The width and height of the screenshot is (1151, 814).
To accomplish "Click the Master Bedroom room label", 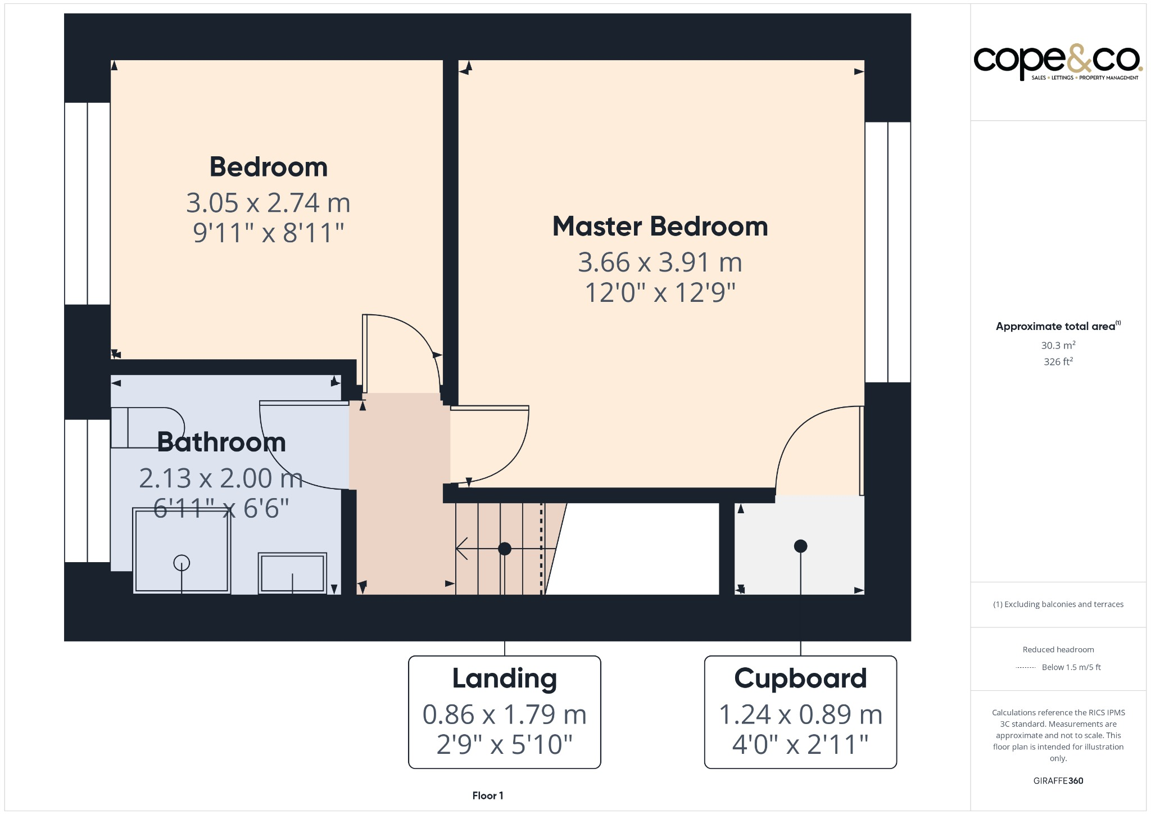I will (x=660, y=227).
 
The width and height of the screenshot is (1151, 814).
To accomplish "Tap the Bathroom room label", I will (x=221, y=442).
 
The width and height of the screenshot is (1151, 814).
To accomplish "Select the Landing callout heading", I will (x=504, y=679).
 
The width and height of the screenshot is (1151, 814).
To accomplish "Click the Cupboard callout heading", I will (x=800, y=679).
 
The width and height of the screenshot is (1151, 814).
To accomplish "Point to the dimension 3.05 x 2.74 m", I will (x=268, y=203).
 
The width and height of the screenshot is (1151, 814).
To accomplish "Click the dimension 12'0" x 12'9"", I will (x=660, y=293).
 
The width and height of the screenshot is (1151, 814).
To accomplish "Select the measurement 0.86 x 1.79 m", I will (x=504, y=715).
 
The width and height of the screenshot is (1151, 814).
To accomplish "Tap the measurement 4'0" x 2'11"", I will (x=800, y=745).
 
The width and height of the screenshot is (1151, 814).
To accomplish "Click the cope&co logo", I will (x=1057, y=62).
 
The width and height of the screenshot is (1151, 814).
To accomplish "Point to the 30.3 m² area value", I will (x=1058, y=346).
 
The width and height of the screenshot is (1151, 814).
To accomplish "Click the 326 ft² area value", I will (x=1058, y=362).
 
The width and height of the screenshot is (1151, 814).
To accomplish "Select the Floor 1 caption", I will (x=488, y=795).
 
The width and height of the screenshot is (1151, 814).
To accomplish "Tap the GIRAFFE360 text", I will (x=1058, y=781).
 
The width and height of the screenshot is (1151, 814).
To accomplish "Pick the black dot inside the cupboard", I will (x=800, y=546).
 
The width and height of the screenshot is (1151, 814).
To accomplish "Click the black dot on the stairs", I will (x=505, y=549).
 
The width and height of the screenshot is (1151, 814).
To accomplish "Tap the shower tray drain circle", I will (x=182, y=562).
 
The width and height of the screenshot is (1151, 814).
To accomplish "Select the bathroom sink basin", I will (x=292, y=573).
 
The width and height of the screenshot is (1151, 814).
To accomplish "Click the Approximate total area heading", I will (x=1055, y=327).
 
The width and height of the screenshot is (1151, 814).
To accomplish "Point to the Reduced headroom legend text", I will (x=1058, y=650).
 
